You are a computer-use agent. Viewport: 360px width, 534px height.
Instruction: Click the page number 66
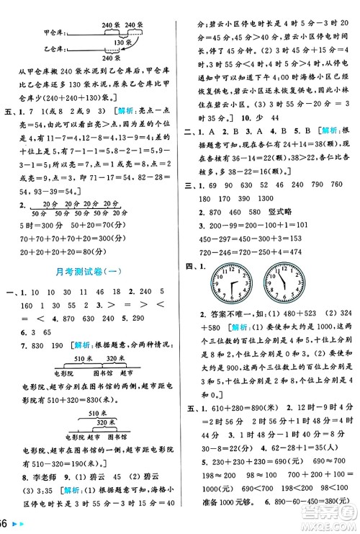tap(5, 523)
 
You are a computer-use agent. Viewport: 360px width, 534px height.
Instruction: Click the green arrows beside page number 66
tap(19, 524)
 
